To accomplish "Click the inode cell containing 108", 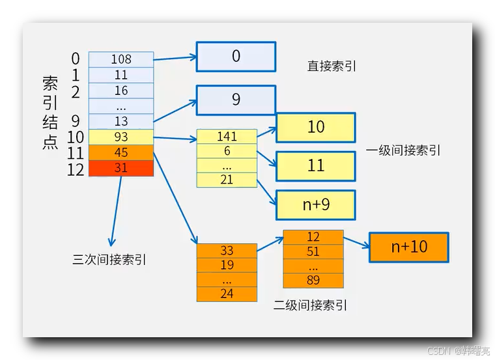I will [x=121, y=59].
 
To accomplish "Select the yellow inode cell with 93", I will [x=121, y=137].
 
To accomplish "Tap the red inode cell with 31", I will [x=121, y=168].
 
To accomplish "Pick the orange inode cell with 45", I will [x=121, y=152].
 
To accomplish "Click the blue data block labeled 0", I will [x=236, y=57].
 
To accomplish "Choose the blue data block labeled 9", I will [x=236, y=100].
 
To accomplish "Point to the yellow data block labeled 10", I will [x=316, y=128].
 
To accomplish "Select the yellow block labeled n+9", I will [x=316, y=205].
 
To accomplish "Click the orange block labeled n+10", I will [x=409, y=247].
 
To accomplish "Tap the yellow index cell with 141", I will [x=227, y=137].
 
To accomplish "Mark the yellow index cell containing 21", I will [x=227, y=180].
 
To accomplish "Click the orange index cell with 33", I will [x=227, y=251].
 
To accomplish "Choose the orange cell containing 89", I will [x=313, y=281].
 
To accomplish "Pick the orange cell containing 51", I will [x=313, y=252].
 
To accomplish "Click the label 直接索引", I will [x=332, y=66].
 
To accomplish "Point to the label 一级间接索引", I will [x=403, y=150].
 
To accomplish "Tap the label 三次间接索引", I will [x=109, y=260].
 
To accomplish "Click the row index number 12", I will [x=76, y=169].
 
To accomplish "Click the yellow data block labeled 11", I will [x=316, y=165].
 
